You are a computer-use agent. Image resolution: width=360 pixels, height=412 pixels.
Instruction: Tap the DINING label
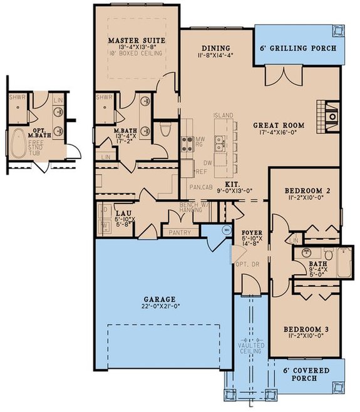coord(216,48)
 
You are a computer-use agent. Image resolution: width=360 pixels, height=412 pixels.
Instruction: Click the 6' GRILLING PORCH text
coord(299,48)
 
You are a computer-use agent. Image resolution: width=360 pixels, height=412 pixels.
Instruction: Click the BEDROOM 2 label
coord(306,190)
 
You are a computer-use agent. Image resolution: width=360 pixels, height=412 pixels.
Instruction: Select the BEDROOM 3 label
coord(306,329)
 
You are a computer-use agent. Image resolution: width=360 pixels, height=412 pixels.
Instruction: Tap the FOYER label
coord(252,233)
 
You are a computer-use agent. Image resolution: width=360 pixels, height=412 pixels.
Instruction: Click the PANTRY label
coord(180,232)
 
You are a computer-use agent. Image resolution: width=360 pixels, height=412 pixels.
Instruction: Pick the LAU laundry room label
coord(123,214)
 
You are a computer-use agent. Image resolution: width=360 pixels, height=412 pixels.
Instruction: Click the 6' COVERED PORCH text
coord(311,374)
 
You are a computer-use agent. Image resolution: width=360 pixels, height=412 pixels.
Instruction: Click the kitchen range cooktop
coord(187,144)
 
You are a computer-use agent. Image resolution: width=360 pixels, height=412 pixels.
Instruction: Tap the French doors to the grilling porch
coord(277,76)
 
